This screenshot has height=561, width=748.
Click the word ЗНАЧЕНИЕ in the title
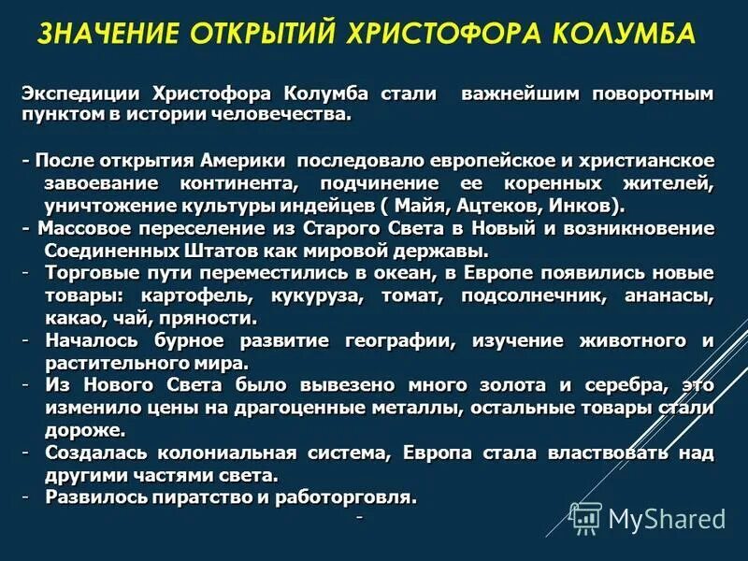(x=105, y=35)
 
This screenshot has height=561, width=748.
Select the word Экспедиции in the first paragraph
(x=77, y=94)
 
